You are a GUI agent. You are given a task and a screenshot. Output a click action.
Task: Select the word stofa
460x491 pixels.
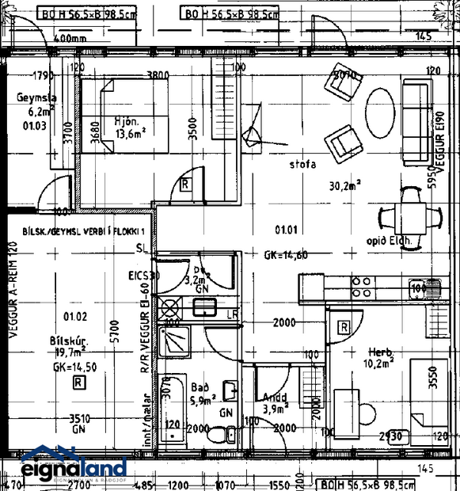click(302, 165)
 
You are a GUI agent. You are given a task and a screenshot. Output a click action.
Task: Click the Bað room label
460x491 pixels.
click(200, 388)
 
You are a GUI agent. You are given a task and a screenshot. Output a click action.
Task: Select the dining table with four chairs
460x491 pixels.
click(409, 215)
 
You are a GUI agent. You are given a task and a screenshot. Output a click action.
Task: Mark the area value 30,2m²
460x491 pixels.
click(345, 187)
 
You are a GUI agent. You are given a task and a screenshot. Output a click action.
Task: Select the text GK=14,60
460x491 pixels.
click(286, 255)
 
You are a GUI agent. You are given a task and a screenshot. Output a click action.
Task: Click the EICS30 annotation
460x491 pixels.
click(144, 276)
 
